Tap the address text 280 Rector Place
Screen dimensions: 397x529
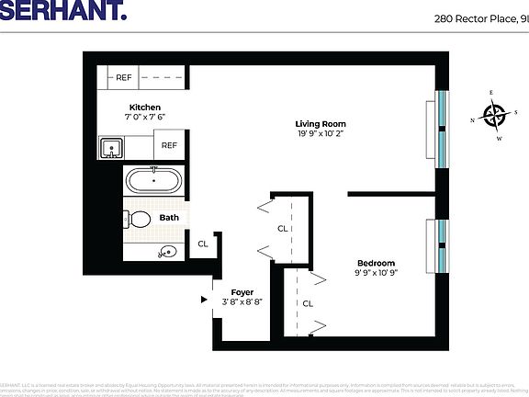(480, 17)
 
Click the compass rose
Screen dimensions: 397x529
(496, 117)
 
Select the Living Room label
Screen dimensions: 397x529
(320, 124)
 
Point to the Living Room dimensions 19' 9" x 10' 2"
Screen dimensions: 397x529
(320, 135)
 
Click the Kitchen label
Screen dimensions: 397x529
(144, 108)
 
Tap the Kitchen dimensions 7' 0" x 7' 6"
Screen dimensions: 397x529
(144, 118)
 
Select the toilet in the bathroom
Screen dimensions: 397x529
(138, 219)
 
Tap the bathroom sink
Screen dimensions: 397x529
(166, 251)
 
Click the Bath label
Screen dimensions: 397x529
(169, 218)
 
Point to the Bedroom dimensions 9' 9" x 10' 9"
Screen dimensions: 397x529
(376, 273)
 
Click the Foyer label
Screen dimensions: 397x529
(242, 292)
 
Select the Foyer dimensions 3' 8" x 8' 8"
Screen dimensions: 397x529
(242, 302)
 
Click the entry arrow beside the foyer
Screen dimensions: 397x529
(204, 299)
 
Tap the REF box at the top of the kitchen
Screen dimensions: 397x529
(123, 78)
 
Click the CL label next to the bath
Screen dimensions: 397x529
(203, 244)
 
